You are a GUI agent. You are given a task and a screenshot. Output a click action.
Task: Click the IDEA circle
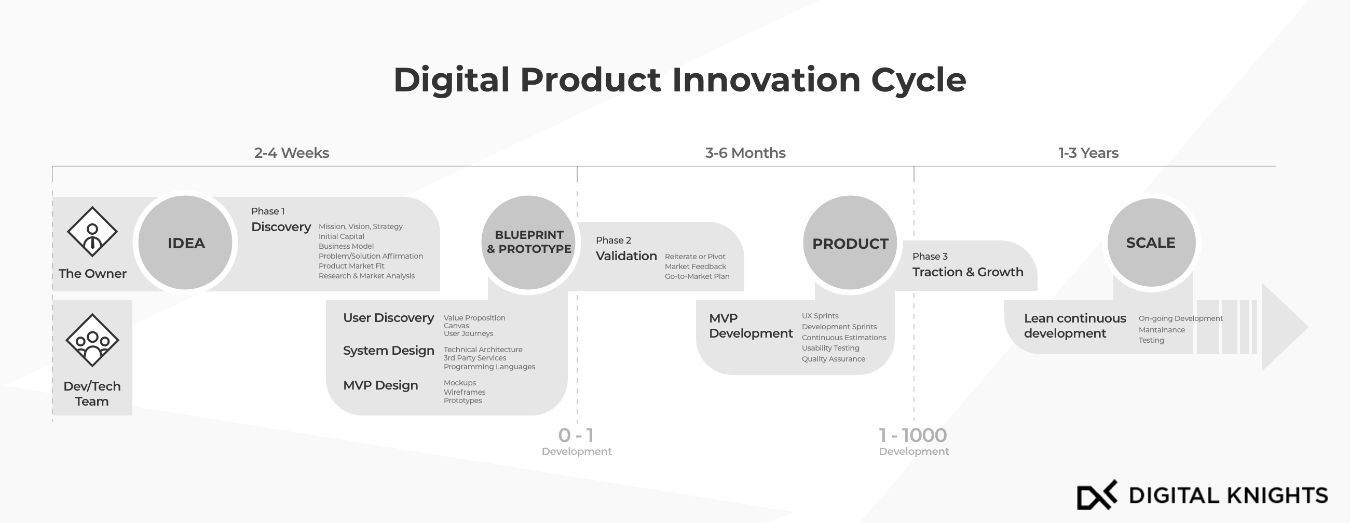tap(185, 243)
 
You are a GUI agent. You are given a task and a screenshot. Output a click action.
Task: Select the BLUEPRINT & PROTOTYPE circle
tap(528, 243)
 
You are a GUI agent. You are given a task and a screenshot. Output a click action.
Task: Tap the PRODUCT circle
tap(850, 243)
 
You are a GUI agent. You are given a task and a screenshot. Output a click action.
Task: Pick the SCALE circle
tap(1151, 243)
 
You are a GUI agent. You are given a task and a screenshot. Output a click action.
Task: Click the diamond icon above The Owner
tap(92, 231)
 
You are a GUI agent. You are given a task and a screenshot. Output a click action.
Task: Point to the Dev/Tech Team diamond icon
tap(92, 340)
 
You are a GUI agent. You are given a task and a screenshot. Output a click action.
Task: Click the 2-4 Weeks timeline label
tap(291, 153)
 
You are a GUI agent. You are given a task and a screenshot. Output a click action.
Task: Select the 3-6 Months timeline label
tap(745, 153)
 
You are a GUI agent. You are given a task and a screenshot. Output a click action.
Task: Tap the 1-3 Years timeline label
tap(1088, 153)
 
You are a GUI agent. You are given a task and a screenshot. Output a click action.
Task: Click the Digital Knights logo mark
tap(1097, 494)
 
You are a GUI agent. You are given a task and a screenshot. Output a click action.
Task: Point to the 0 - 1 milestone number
tap(576, 435)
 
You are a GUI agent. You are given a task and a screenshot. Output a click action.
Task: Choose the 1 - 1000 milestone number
tap(913, 435)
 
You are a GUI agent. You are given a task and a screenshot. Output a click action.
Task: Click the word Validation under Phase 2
tap(626, 256)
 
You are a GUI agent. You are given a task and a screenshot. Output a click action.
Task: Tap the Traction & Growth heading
tap(968, 272)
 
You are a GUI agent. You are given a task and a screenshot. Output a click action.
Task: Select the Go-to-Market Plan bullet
tap(697, 276)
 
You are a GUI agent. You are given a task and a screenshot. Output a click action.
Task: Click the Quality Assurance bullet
tap(833, 359)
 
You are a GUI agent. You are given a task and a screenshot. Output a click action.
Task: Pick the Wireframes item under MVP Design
tap(465, 392)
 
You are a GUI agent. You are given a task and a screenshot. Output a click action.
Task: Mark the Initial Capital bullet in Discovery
tap(341, 236)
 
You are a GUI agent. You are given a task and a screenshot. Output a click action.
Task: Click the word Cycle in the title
tap(918, 80)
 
